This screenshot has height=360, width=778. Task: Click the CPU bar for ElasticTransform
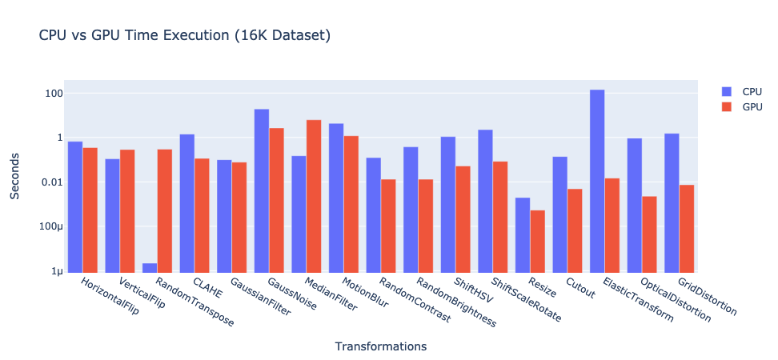[597, 181]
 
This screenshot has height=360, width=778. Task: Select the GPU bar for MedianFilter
[314, 196]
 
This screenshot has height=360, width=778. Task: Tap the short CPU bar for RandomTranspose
[150, 267]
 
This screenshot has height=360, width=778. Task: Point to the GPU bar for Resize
[538, 241]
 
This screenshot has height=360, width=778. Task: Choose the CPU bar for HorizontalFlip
[75, 206]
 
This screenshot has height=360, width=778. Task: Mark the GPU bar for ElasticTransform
[612, 225]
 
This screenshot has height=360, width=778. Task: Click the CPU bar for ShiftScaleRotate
[486, 201]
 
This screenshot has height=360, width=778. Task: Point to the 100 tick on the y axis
[52, 93]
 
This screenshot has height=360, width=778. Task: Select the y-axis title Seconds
[15, 175]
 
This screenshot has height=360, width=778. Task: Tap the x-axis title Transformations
[380, 346]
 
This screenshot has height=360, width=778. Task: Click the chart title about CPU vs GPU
[185, 35]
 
